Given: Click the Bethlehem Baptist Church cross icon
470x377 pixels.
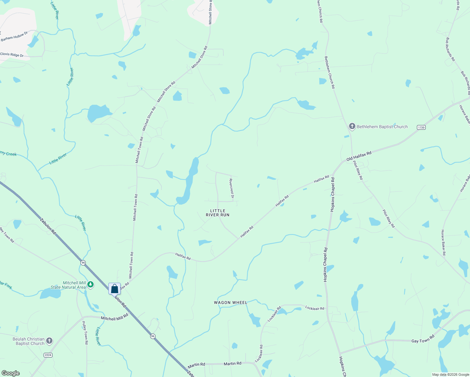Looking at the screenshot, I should pos(352,127).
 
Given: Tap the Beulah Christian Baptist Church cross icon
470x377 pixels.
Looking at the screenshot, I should pos(49,341).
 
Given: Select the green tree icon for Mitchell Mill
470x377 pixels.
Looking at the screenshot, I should pos(90,285).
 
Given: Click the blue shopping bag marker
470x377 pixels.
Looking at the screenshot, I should pos(114,289).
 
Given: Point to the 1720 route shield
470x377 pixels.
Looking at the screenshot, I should pos(421,127).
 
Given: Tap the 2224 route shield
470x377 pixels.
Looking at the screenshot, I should pos(48,355).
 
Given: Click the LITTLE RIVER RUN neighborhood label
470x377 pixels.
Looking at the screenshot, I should pos(218,213).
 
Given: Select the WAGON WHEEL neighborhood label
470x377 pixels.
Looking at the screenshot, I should pos(231,303).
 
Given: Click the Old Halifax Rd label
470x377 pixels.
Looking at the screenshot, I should pos(359,156).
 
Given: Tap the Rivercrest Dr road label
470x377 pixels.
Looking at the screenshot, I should pos(232,188).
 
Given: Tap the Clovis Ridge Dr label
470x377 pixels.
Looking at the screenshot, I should pos(12,55).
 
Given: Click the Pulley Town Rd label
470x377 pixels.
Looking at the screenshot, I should pos(85,333).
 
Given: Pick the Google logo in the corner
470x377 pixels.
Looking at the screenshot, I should pos(11,373).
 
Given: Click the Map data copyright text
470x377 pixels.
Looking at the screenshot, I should pos(451,374).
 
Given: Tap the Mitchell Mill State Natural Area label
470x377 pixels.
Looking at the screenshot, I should pos(68,285).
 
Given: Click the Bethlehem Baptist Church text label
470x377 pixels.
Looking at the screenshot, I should pos(382,127).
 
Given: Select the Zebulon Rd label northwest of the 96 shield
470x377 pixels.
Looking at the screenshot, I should pos(48,226).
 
